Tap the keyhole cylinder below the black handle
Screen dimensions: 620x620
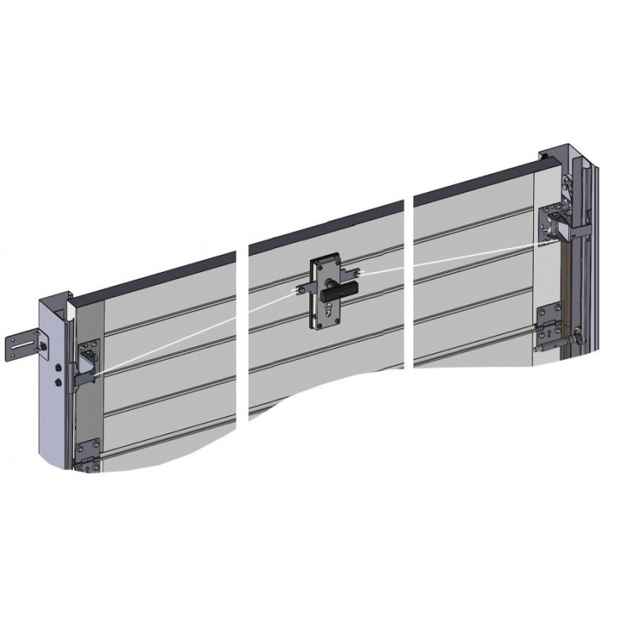point(329,312)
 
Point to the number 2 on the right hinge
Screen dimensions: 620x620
point(549,333)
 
